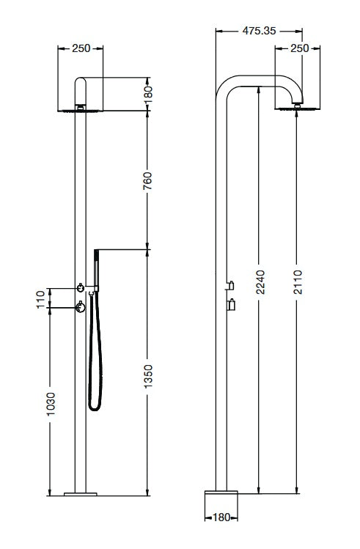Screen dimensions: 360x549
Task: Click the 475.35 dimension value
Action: click(259, 31)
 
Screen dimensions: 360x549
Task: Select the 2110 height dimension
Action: click(298, 282)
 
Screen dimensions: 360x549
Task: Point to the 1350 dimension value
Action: click(149, 376)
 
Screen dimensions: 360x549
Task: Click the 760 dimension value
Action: click(148, 180)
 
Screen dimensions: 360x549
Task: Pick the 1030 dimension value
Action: click(51, 404)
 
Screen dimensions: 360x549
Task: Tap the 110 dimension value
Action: click(41, 299)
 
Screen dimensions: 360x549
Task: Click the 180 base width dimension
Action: click(221, 517)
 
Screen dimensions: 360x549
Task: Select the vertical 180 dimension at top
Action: click(148, 95)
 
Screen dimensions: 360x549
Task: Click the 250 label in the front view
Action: click(81, 48)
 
